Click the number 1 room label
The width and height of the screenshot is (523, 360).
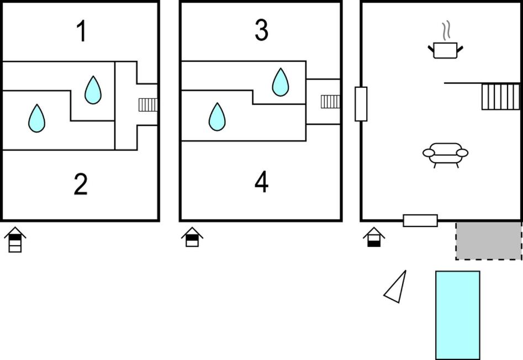(x=81, y=31)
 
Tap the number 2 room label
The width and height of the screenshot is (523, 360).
(x=81, y=184)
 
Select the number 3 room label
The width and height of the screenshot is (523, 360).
(x=261, y=31)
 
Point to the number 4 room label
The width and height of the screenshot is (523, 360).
(x=261, y=183)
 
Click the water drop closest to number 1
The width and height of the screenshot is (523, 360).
(x=93, y=90)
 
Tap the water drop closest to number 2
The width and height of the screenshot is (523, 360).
(x=36, y=118)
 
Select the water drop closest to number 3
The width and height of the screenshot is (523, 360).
(x=281, y=82)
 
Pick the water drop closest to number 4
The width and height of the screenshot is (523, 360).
(x=217, y=117)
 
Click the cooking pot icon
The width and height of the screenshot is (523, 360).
(x=445, y=50)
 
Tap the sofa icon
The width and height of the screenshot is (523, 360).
(x=445, y=154)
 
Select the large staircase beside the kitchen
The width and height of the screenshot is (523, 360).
(x=500, y=96)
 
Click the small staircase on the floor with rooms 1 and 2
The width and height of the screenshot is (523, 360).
(x=147, y=104)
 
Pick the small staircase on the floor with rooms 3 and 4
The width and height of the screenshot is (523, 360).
(x=330, y=101)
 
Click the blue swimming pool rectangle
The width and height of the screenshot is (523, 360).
(x=457, y=315)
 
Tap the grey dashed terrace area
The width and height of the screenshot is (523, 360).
(x=488, y=241)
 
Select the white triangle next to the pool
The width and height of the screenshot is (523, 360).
(x=397, y=288)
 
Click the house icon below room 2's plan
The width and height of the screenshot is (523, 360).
(x=15, y=240)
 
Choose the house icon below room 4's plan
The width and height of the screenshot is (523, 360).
(x=192, y=237)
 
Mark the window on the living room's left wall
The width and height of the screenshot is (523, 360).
(x=361, y=104)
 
